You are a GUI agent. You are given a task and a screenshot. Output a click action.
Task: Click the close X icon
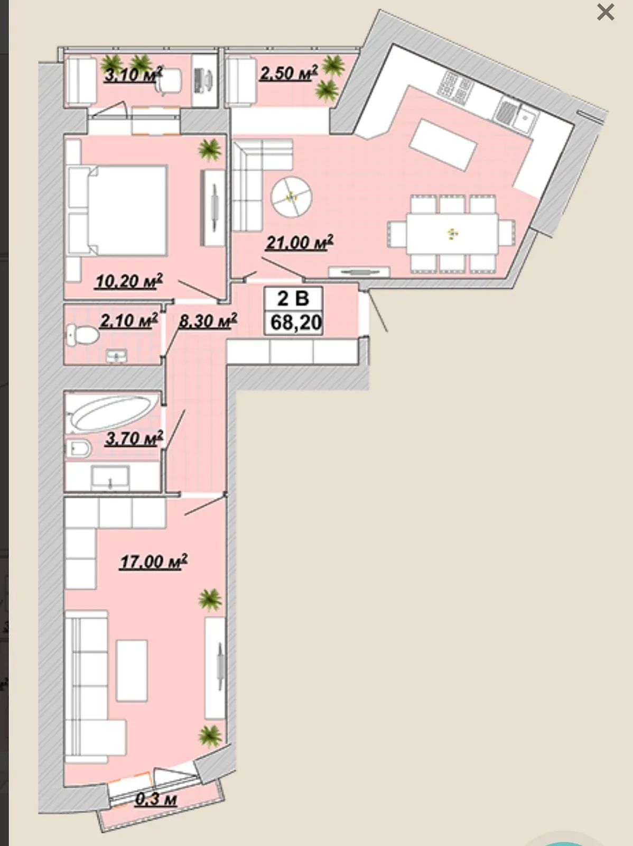[x=606, y=12]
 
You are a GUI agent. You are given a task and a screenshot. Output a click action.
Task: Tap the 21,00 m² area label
[x=300, y=243]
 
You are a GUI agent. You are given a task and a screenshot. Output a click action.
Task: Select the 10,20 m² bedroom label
[x=129, y=281]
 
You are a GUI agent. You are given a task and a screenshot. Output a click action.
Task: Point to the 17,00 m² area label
[x=153, y=562]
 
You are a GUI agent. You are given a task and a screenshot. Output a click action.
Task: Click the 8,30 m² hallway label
[x=208, y=320]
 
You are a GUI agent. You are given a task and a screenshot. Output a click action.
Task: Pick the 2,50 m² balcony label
[x=289, y=72]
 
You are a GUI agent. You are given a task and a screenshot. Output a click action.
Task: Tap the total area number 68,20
[x=296, y=322]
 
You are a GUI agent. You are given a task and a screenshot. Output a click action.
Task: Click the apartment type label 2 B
[x=293, y=298]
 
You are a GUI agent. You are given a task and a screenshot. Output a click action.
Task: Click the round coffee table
[x=292, y=197]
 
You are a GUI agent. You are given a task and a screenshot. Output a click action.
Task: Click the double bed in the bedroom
[x=117, y=210]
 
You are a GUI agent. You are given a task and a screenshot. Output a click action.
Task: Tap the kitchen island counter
[x=443, y=144]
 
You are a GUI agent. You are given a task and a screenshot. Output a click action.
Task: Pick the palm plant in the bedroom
[x=210, y=150]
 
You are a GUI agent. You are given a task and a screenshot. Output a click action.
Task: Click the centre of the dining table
[x=452, y=234]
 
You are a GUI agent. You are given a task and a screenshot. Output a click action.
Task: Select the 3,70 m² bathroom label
[x=134, y=438]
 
